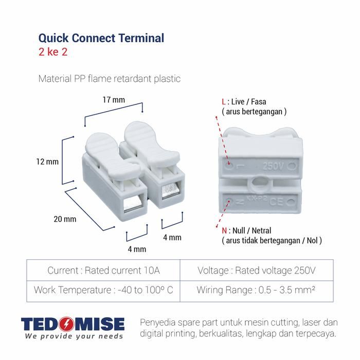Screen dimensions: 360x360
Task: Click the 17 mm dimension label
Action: [114, 100]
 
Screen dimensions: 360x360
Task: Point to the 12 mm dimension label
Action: [47, 162]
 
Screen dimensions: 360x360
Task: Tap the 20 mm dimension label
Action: [65, 219]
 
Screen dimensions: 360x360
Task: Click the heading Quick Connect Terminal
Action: [101, 38]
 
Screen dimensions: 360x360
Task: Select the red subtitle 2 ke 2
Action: [53, 52]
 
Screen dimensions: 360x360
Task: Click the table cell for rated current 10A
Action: [103, 270]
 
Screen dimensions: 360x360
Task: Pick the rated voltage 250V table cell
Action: [257, 270]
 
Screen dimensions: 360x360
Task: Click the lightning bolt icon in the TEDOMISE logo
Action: [66, 324]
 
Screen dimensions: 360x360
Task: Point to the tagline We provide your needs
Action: [74, 336]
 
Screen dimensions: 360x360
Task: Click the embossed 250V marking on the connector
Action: [273, 166]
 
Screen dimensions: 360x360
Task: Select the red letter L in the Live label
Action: [224, 102]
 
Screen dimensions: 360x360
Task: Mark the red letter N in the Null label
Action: [224, 230]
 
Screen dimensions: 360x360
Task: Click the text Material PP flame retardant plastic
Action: [110, 79]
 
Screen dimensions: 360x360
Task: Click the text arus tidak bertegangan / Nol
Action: [272, 241]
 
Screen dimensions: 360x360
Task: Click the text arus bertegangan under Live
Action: [254, 112]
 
